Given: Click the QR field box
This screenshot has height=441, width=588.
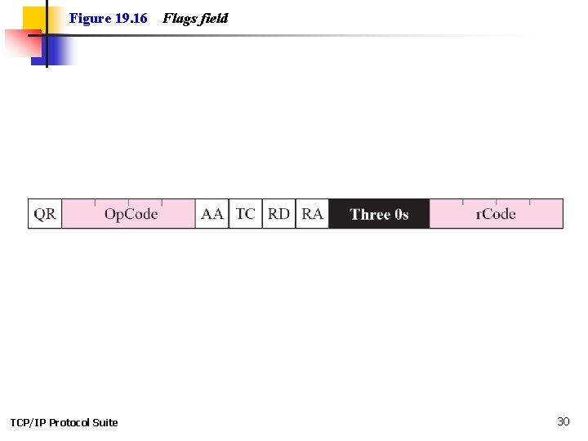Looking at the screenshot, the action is [45, 214].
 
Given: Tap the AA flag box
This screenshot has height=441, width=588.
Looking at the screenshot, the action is [212, 214].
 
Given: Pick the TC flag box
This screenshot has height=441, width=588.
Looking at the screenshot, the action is [245, 214].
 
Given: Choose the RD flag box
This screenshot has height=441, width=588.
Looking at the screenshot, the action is [278, 214].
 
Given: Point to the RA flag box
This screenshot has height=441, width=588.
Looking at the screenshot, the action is [312, 214].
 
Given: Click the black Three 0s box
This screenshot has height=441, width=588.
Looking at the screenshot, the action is [379, 214].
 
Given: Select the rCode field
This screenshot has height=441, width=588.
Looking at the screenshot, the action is [496, 214].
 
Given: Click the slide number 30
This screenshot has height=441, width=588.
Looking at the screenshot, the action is [563, 421].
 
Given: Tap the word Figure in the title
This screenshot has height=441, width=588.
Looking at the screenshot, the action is [90, 18].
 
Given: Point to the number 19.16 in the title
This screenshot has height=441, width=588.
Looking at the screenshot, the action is [131, 18].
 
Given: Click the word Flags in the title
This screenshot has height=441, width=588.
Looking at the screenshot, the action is [177, 18].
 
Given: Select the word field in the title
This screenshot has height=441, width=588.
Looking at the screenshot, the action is [212, 18].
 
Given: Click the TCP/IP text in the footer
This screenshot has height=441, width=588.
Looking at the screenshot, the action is [28, 422].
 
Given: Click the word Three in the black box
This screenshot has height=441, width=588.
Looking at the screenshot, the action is [370, 214].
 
